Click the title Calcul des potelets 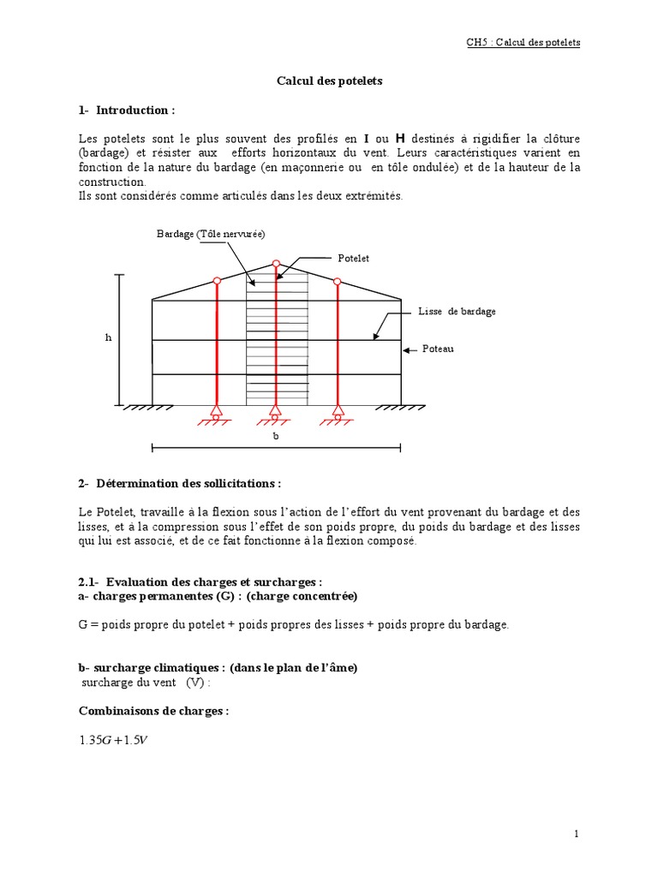tap(329, 81)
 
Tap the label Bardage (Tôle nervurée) tap(211, 234)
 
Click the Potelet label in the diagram tap(354, 258)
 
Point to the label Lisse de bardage tap(457, 312)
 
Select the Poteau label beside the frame tap(439, 349)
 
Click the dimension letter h tap(109, 337)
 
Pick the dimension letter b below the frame tap(276, 436)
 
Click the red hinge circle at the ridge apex tap(276, 265)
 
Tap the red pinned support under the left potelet tap(217, 413)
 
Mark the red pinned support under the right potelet tap(337, 413)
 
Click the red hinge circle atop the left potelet tap(217, 281)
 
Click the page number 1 tap(577, 833)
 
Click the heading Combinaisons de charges tap(153, 712)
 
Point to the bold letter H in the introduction tap(399, 139)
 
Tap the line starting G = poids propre tap(293, 625)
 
